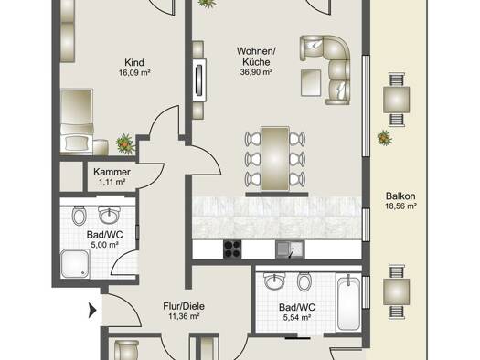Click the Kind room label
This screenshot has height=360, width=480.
click(x=134, y=62)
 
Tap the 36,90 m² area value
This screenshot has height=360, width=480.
click(x=256, y=72)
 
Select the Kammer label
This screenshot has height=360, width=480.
click(x=112, y=172)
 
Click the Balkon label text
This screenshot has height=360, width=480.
click(x=400, y=196)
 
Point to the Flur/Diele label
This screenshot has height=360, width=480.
click(x=184, y=306)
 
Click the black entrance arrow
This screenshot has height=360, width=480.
click(x=92, y=310)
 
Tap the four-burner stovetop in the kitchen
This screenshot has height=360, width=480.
click(x=232, y=249)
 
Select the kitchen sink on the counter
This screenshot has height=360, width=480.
click(x=290, y=249)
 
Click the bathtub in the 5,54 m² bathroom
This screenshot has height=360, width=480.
click(x=348, y=302)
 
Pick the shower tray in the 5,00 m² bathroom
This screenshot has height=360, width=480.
click(x=75, y=264)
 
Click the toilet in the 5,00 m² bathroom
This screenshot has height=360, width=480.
click(x=80, y=216)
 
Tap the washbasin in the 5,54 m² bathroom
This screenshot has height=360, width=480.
click(x=274, y=281)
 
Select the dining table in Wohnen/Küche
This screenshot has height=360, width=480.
click(x=275, y=159)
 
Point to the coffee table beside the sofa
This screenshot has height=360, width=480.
click(x=311, y=82)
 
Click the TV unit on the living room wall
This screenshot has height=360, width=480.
click(x=199, y=80)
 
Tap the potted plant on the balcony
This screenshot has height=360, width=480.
click(x=385, y=138)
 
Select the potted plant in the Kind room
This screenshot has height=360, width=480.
click(x=125, y=143)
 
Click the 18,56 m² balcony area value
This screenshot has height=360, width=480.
click(x=400, y=206)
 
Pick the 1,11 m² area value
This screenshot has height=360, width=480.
click(x=112, y=182)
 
